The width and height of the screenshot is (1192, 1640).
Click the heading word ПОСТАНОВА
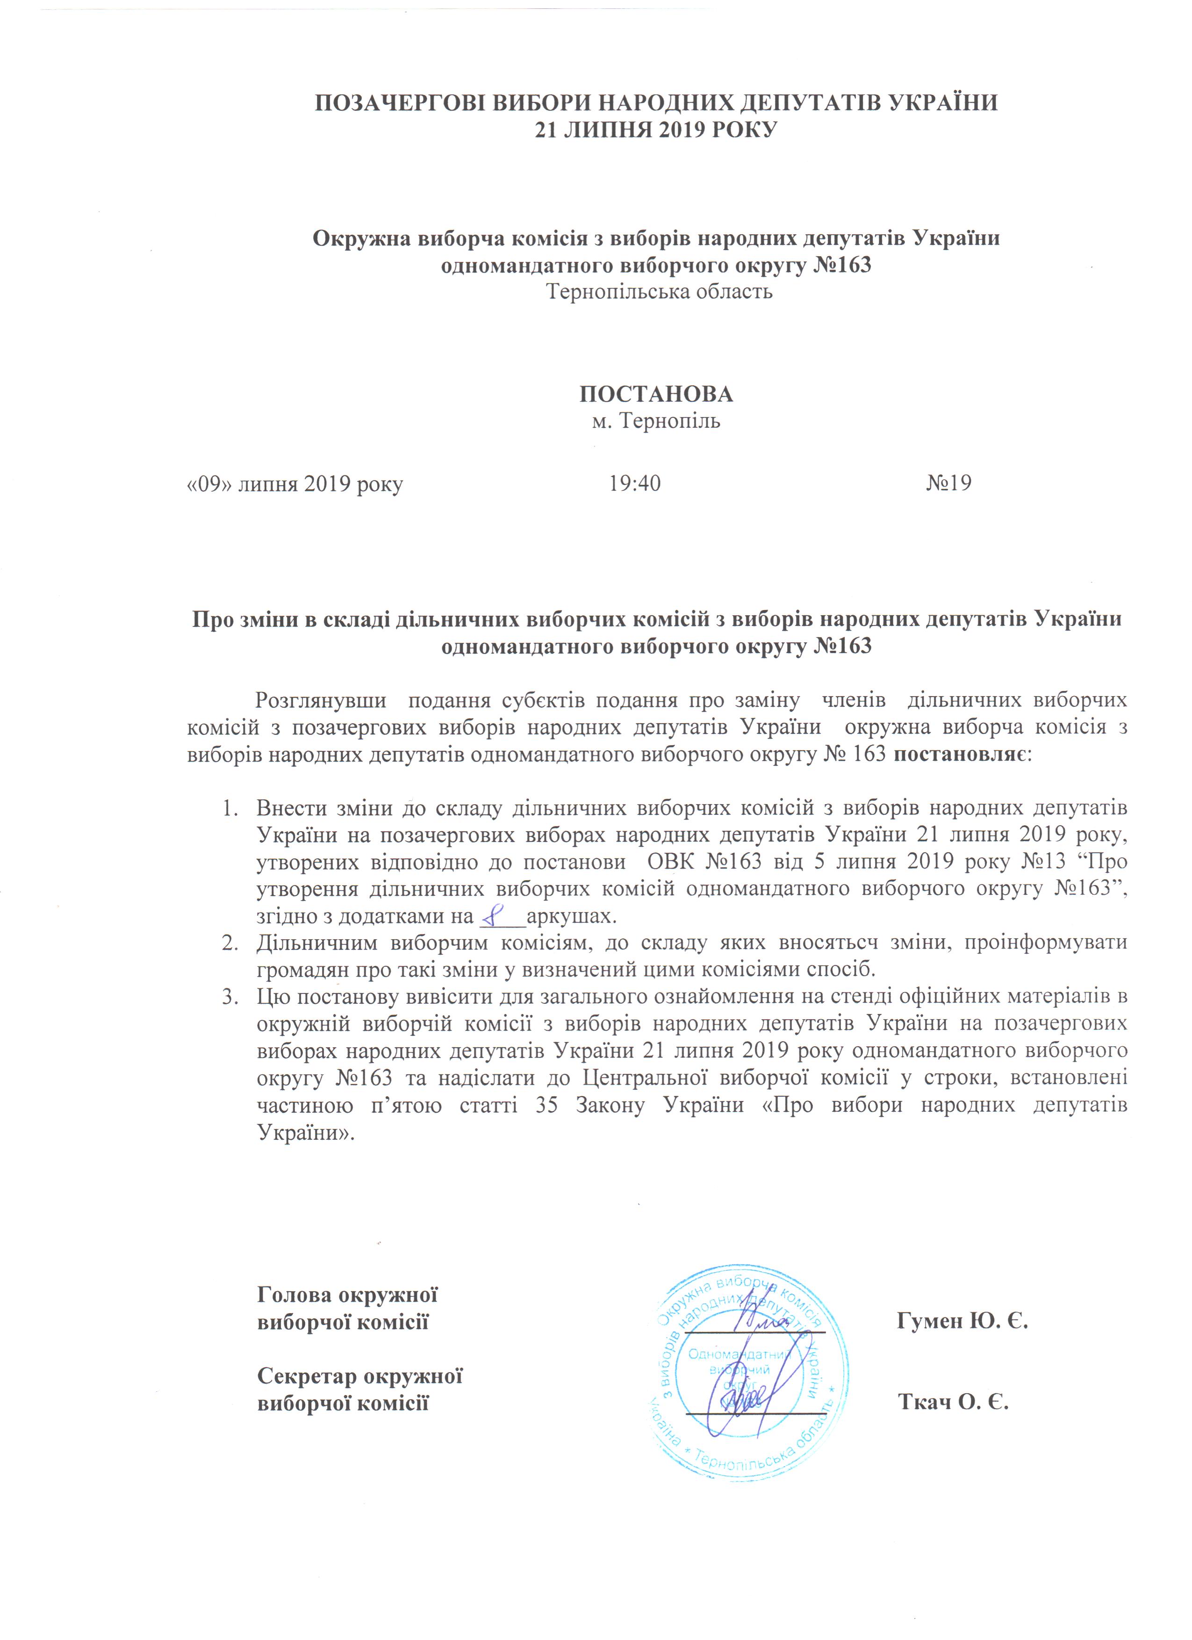tap(656, 394)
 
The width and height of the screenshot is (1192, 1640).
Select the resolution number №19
tap(948, 483)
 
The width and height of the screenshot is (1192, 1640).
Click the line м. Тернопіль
tap(656, 421)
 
